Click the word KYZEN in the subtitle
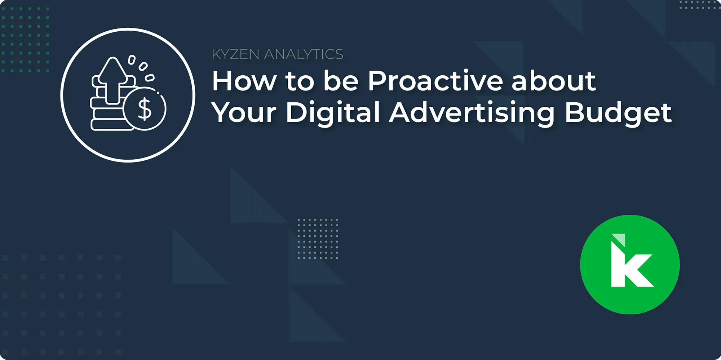pos(235,54)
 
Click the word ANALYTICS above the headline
pos(304,54)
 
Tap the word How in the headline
pos(244,81)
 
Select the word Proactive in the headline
pos(435,81)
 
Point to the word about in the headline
pos(554,81)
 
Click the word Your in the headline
pos(244,112)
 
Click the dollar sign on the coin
pos(145,109)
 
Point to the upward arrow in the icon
pos(113,80)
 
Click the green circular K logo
pos(630,265)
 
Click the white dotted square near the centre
pos(318,239)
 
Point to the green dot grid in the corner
pos(25,40)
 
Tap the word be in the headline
pos(341,81)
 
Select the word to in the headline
pos(300,81)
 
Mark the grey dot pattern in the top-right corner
pos(700,5)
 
